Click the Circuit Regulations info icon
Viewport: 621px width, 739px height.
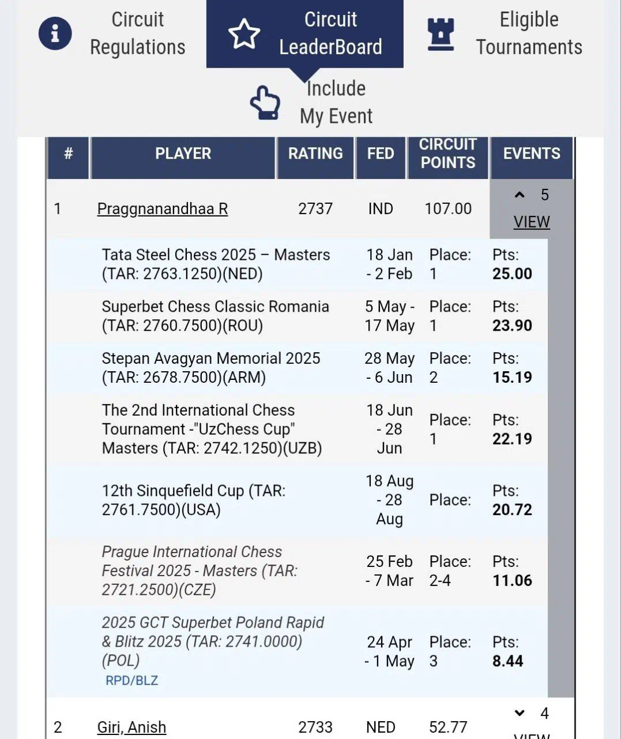tap(55, 33)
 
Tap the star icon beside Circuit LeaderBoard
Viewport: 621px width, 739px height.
tap(244, 33)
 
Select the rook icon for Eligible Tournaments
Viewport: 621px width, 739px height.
tap(441, 34)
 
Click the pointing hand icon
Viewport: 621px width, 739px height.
tap(265, 103)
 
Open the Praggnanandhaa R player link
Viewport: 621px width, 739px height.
tap(162, 208)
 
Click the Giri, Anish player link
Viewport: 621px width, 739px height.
tap(131, 727)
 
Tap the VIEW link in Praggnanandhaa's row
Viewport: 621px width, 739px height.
tap(531, 222)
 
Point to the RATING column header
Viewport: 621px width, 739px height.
tap(315, 154)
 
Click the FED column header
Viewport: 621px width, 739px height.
tap(381, 154)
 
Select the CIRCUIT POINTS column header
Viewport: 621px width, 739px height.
tap(448, 154)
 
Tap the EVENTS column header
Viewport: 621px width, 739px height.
tap(531, 154)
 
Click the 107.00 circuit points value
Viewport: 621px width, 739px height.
tap(448, 208)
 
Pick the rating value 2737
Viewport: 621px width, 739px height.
tap(315, 208)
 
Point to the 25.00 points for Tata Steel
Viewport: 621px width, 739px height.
tap(512, 274)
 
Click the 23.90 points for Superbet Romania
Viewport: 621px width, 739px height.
tap(512, 326)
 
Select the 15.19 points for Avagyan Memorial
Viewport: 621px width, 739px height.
tap(512, 378)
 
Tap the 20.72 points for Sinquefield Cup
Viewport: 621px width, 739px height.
tap(512, 510)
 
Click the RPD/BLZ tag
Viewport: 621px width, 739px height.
tap(131, 681)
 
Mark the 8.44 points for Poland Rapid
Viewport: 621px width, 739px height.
tap(507, 661)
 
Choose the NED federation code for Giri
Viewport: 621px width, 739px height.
tap(381, 727)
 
